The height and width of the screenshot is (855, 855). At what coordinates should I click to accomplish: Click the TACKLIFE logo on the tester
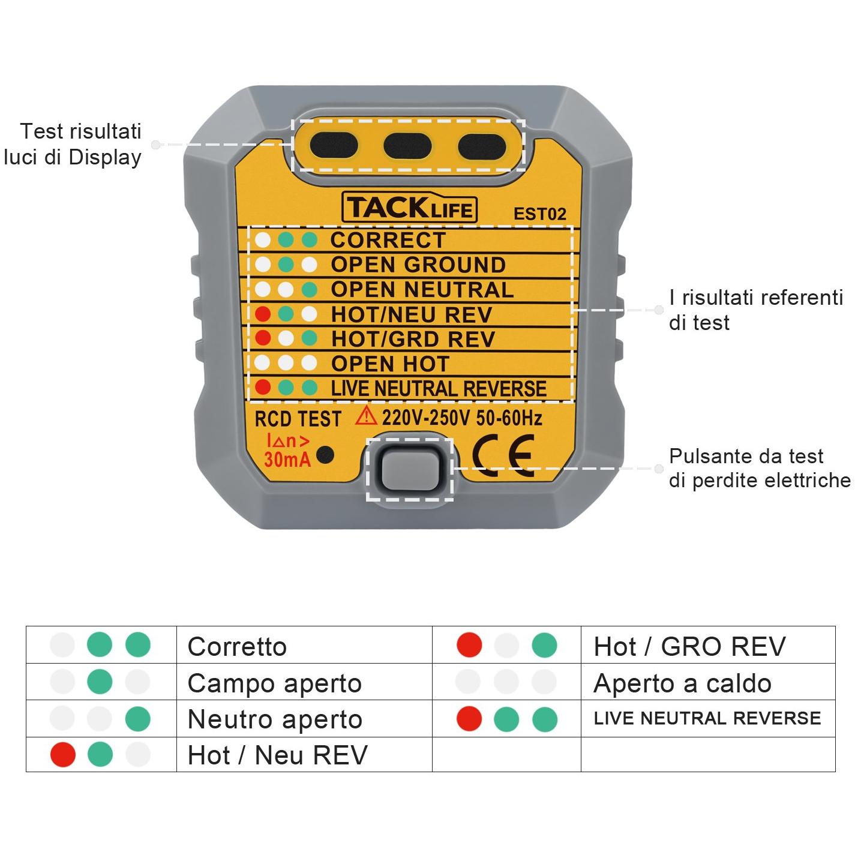[410, 208]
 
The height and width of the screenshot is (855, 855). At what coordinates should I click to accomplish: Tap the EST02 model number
[539, 214]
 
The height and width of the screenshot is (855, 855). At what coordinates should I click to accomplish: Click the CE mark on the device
[503, 455]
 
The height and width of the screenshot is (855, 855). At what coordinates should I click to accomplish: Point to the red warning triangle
[366, 416]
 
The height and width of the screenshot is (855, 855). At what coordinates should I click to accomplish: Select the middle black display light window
[407, 146]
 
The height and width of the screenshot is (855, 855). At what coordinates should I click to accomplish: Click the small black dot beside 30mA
[325, 455]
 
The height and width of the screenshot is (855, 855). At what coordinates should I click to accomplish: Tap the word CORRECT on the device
[388, 240]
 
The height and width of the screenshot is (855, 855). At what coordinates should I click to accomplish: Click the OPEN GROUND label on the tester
[418, 265]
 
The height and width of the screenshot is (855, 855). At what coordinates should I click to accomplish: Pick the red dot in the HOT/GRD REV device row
[263, 338]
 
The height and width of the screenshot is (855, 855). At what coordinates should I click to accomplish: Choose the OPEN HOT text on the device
[390, 364]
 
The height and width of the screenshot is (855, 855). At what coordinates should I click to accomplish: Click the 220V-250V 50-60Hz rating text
[462, 418]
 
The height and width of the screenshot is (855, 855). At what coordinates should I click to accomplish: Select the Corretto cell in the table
[237, 646]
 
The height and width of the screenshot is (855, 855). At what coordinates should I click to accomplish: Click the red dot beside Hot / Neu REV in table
[63, 754]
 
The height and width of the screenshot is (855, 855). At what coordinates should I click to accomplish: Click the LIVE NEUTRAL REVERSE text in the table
[707, 718]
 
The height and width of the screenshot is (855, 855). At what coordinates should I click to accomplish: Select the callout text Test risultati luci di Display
[73, 144]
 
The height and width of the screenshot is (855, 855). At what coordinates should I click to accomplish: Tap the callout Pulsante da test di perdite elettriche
[760, 468]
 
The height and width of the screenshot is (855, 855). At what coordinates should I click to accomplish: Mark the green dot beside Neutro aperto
[137, 719]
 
